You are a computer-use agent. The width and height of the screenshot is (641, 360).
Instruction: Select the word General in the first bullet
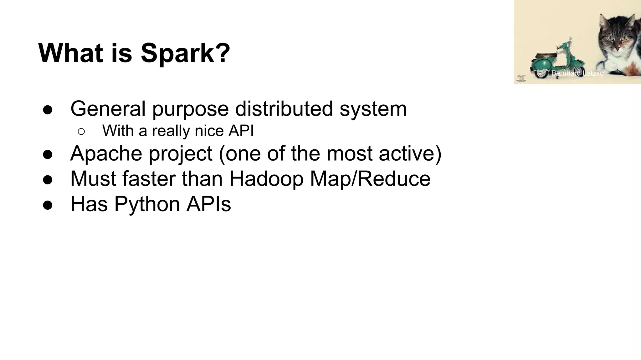(x=108, y=109)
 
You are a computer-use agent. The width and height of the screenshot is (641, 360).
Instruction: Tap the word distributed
(x=284, y=109)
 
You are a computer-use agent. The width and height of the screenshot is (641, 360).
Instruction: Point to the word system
(x=373, y=109)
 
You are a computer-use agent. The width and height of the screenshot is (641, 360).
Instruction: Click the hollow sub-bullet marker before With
(x=81, y=132)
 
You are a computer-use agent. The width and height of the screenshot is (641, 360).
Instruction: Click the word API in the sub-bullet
(x=241, y=131)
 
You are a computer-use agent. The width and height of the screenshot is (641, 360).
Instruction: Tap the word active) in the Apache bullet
(x=410, y=153)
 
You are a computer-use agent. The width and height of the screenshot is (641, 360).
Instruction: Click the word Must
(x=93, y=179)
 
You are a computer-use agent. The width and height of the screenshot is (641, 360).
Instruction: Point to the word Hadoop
(x=266, y=179)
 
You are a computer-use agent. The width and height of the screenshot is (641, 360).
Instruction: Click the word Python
(x=147, y=204)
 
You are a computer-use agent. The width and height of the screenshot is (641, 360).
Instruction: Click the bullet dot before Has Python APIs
(x=48, y=205)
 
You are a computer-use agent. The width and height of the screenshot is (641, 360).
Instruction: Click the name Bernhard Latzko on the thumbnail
(x=577, y=73)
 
